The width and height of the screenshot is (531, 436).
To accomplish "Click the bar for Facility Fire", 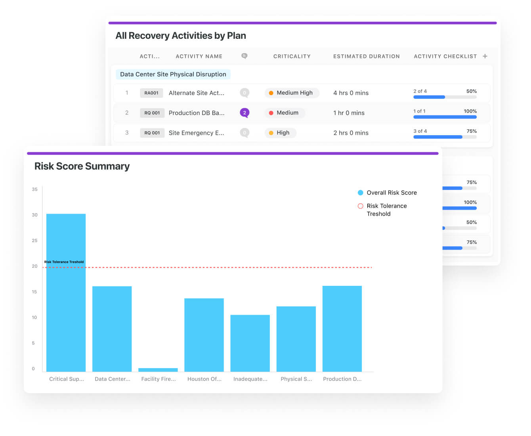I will (x=158, y=369).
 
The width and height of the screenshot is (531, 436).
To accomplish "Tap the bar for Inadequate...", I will (x=250, y=343).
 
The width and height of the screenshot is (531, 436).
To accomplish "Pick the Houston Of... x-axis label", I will (x=204, y=379).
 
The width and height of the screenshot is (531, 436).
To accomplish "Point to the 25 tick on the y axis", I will (x=34, y=241).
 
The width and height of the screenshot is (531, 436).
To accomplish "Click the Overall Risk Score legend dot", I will (x=361, y=193).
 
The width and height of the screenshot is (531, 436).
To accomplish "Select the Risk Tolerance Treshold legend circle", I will (x=361, y=206).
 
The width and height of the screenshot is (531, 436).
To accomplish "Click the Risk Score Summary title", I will (x=82, y=166).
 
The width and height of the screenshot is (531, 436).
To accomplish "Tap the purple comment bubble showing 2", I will (x=244, y=113).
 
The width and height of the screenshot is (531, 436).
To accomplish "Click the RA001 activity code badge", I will (x=151, y=93).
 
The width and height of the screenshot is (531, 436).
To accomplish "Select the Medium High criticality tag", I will (x=291, y=93).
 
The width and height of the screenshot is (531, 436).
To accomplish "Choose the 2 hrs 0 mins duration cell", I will (x=351, y=133).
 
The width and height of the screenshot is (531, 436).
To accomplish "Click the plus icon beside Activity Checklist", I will (x=485, y=56).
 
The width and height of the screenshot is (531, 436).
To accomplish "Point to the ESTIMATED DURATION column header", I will (x=366, y=56).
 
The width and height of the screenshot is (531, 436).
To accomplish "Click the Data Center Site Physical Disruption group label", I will (x=173, y=74).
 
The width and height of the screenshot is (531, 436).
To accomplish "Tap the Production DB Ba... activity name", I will (x=196, y=113).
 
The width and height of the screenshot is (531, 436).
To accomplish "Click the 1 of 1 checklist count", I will (x=419, y=111).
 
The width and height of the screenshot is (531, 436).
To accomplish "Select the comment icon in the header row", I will (x=244, y=56).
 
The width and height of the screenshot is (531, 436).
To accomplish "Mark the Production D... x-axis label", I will (x=342, y=379).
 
